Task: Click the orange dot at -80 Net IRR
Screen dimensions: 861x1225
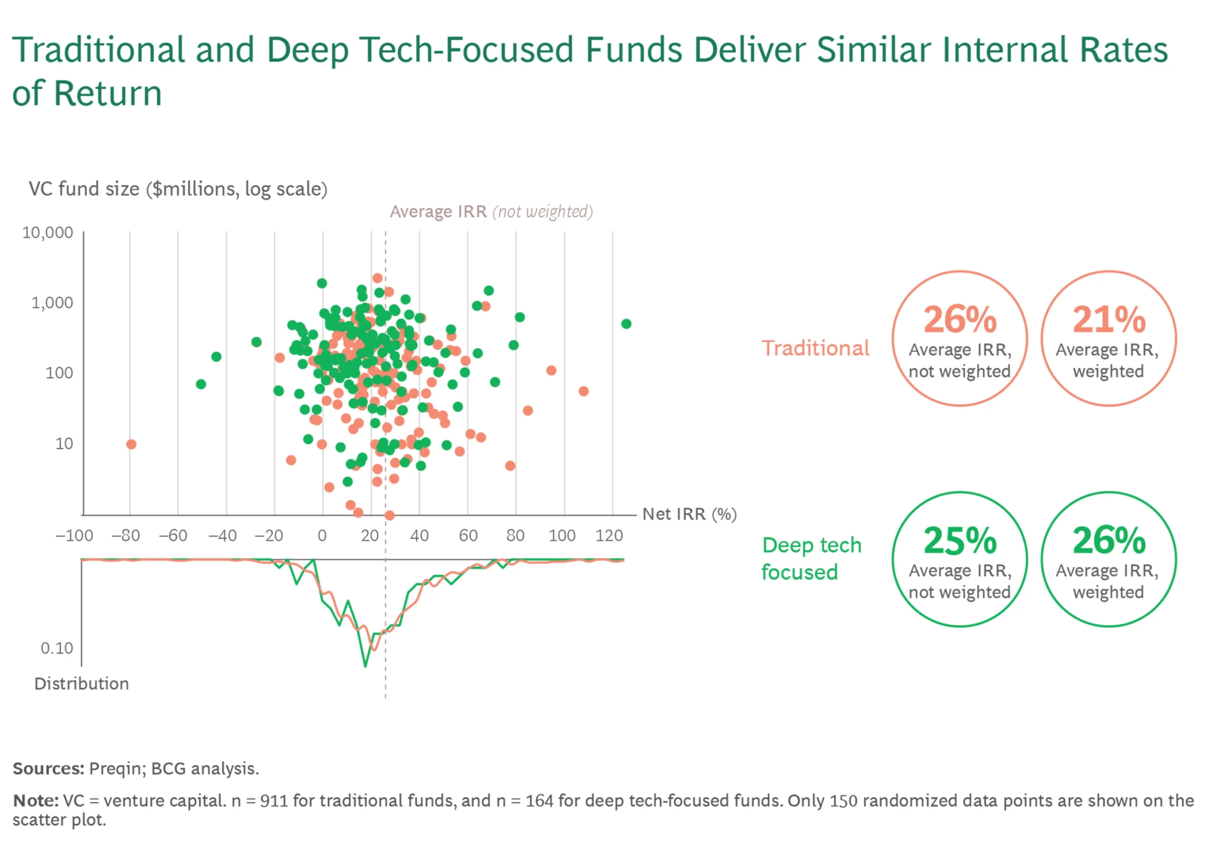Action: click(x=131, y=445)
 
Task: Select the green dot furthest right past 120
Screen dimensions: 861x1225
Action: click(x=626, y=324)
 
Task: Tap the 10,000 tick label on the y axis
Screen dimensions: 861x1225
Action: click(x=47, y=233)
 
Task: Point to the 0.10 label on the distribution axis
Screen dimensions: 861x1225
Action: click(x=56, y=648)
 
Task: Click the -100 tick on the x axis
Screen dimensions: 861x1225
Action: click(x=74, y=536)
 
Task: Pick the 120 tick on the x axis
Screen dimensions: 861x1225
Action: click(x=609, y=536)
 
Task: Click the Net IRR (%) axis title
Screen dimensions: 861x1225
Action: click(x=690, y=514)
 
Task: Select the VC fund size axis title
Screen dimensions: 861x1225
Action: click(x=178, y=189)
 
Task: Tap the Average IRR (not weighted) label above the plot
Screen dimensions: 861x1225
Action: click(x=491, y=212)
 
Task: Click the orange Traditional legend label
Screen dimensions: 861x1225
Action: click(x=815, y=348)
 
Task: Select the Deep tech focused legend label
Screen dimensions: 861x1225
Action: click(x=811, y=559)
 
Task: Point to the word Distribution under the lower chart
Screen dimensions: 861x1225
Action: click(x=82, y=684)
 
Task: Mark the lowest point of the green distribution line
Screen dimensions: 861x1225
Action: click(x=366, y=666)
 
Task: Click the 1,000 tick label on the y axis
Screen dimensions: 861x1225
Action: click(x=52, y=302)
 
